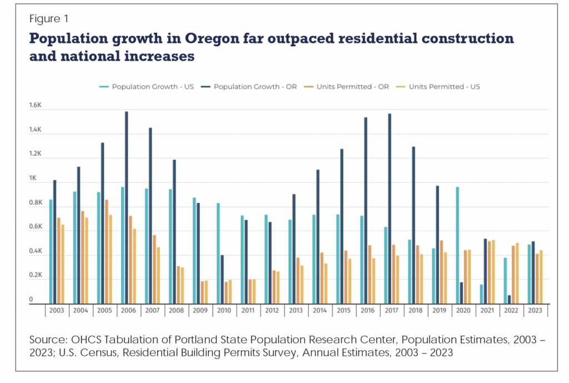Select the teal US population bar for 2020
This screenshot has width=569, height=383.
pos(457,245)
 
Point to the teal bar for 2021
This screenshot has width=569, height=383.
pos(481,294)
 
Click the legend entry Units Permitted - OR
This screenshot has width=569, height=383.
pos(353,87)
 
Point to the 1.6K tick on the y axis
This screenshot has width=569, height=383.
pos(36,106)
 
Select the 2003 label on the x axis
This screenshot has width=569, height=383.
pos(57,311)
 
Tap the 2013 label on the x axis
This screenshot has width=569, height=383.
pos(296,311)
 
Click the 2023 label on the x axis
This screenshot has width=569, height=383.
pos(536,311)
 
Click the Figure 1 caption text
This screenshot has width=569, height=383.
pos(48,19)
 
